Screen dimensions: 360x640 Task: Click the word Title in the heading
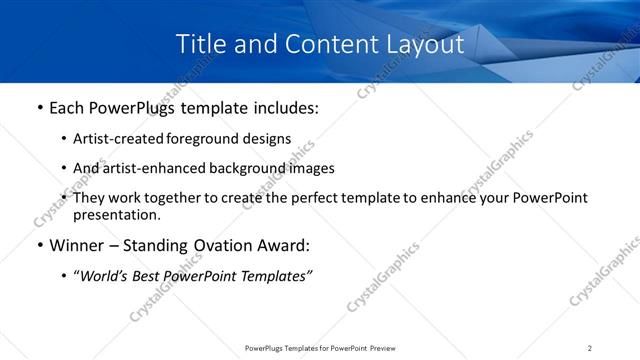(198, 45)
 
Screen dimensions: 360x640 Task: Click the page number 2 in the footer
(590, 348)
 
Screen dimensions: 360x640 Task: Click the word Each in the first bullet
(67, 108)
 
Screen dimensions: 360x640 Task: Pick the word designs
(265, 139)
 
